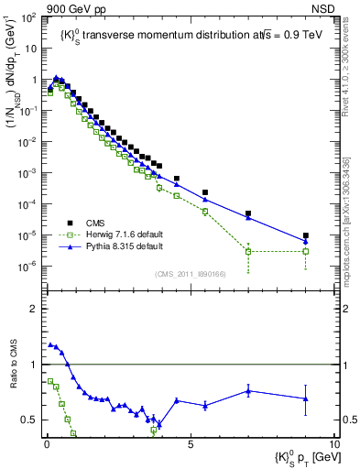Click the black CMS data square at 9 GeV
[x=305, y=235]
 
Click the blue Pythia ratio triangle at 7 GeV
[x=248, y=391]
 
